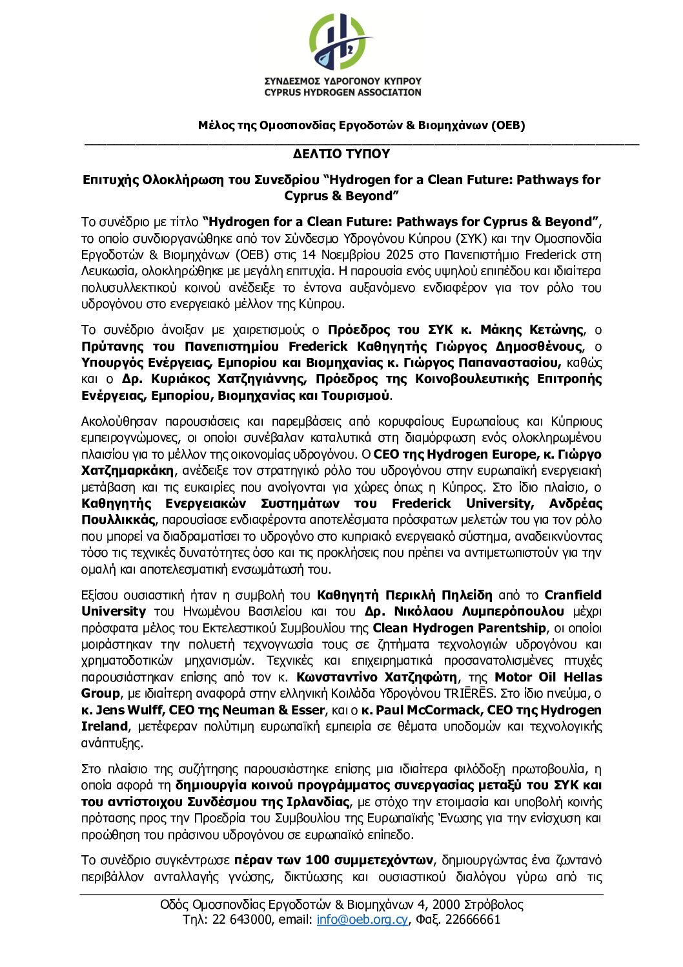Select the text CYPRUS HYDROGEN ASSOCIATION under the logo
(342, 92)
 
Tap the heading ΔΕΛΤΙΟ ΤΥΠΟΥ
(341, 154)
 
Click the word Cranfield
(573, 595)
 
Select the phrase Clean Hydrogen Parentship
(460, 628)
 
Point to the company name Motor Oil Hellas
(548, 677)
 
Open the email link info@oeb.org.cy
(362, 919)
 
